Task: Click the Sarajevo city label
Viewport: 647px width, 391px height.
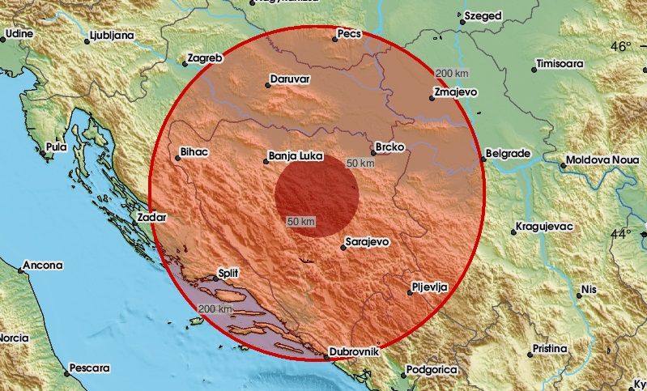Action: (368, 241)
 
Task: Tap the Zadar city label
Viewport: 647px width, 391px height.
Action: (152, 217)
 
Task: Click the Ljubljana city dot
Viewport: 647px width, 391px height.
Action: (87, 40)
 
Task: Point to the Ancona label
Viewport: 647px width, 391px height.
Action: (39, 265)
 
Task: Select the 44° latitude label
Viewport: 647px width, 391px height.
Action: (622, 234)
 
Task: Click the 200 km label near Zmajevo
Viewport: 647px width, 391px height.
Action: (452, 74)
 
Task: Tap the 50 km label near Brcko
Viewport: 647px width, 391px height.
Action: (360, 164)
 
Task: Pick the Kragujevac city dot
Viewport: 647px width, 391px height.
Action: (513, 232)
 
